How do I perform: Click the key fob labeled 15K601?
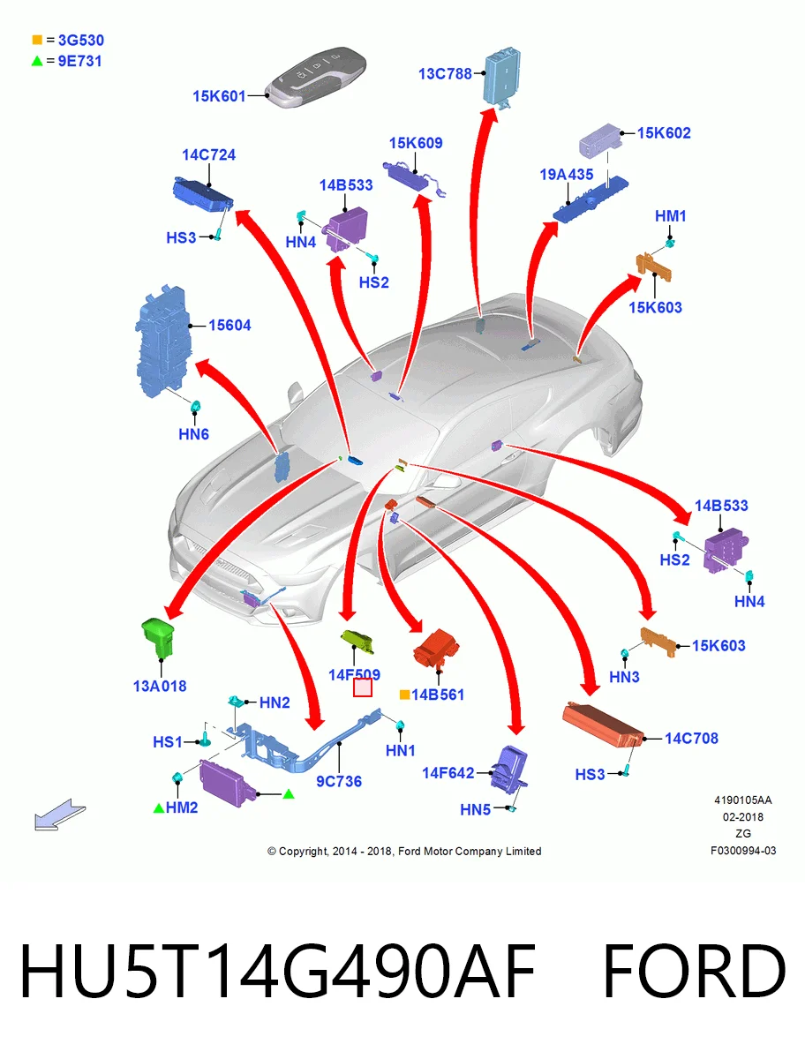coord(316,77)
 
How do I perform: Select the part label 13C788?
coord(445,74)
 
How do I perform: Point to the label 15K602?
coord(664,132)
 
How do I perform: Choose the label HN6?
coord(193,434)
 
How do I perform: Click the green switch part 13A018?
coord(158,637)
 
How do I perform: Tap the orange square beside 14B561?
coord(404,695)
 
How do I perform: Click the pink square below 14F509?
coord(362,687)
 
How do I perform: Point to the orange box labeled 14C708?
coord(603,725)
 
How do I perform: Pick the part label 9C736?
coord(339,781)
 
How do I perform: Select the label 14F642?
coord(448,773)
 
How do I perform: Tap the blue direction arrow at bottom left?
coord(60,815)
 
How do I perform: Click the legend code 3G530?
coord(81,40)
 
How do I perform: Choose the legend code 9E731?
coord(80,61)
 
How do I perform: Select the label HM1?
coord(671,216)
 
